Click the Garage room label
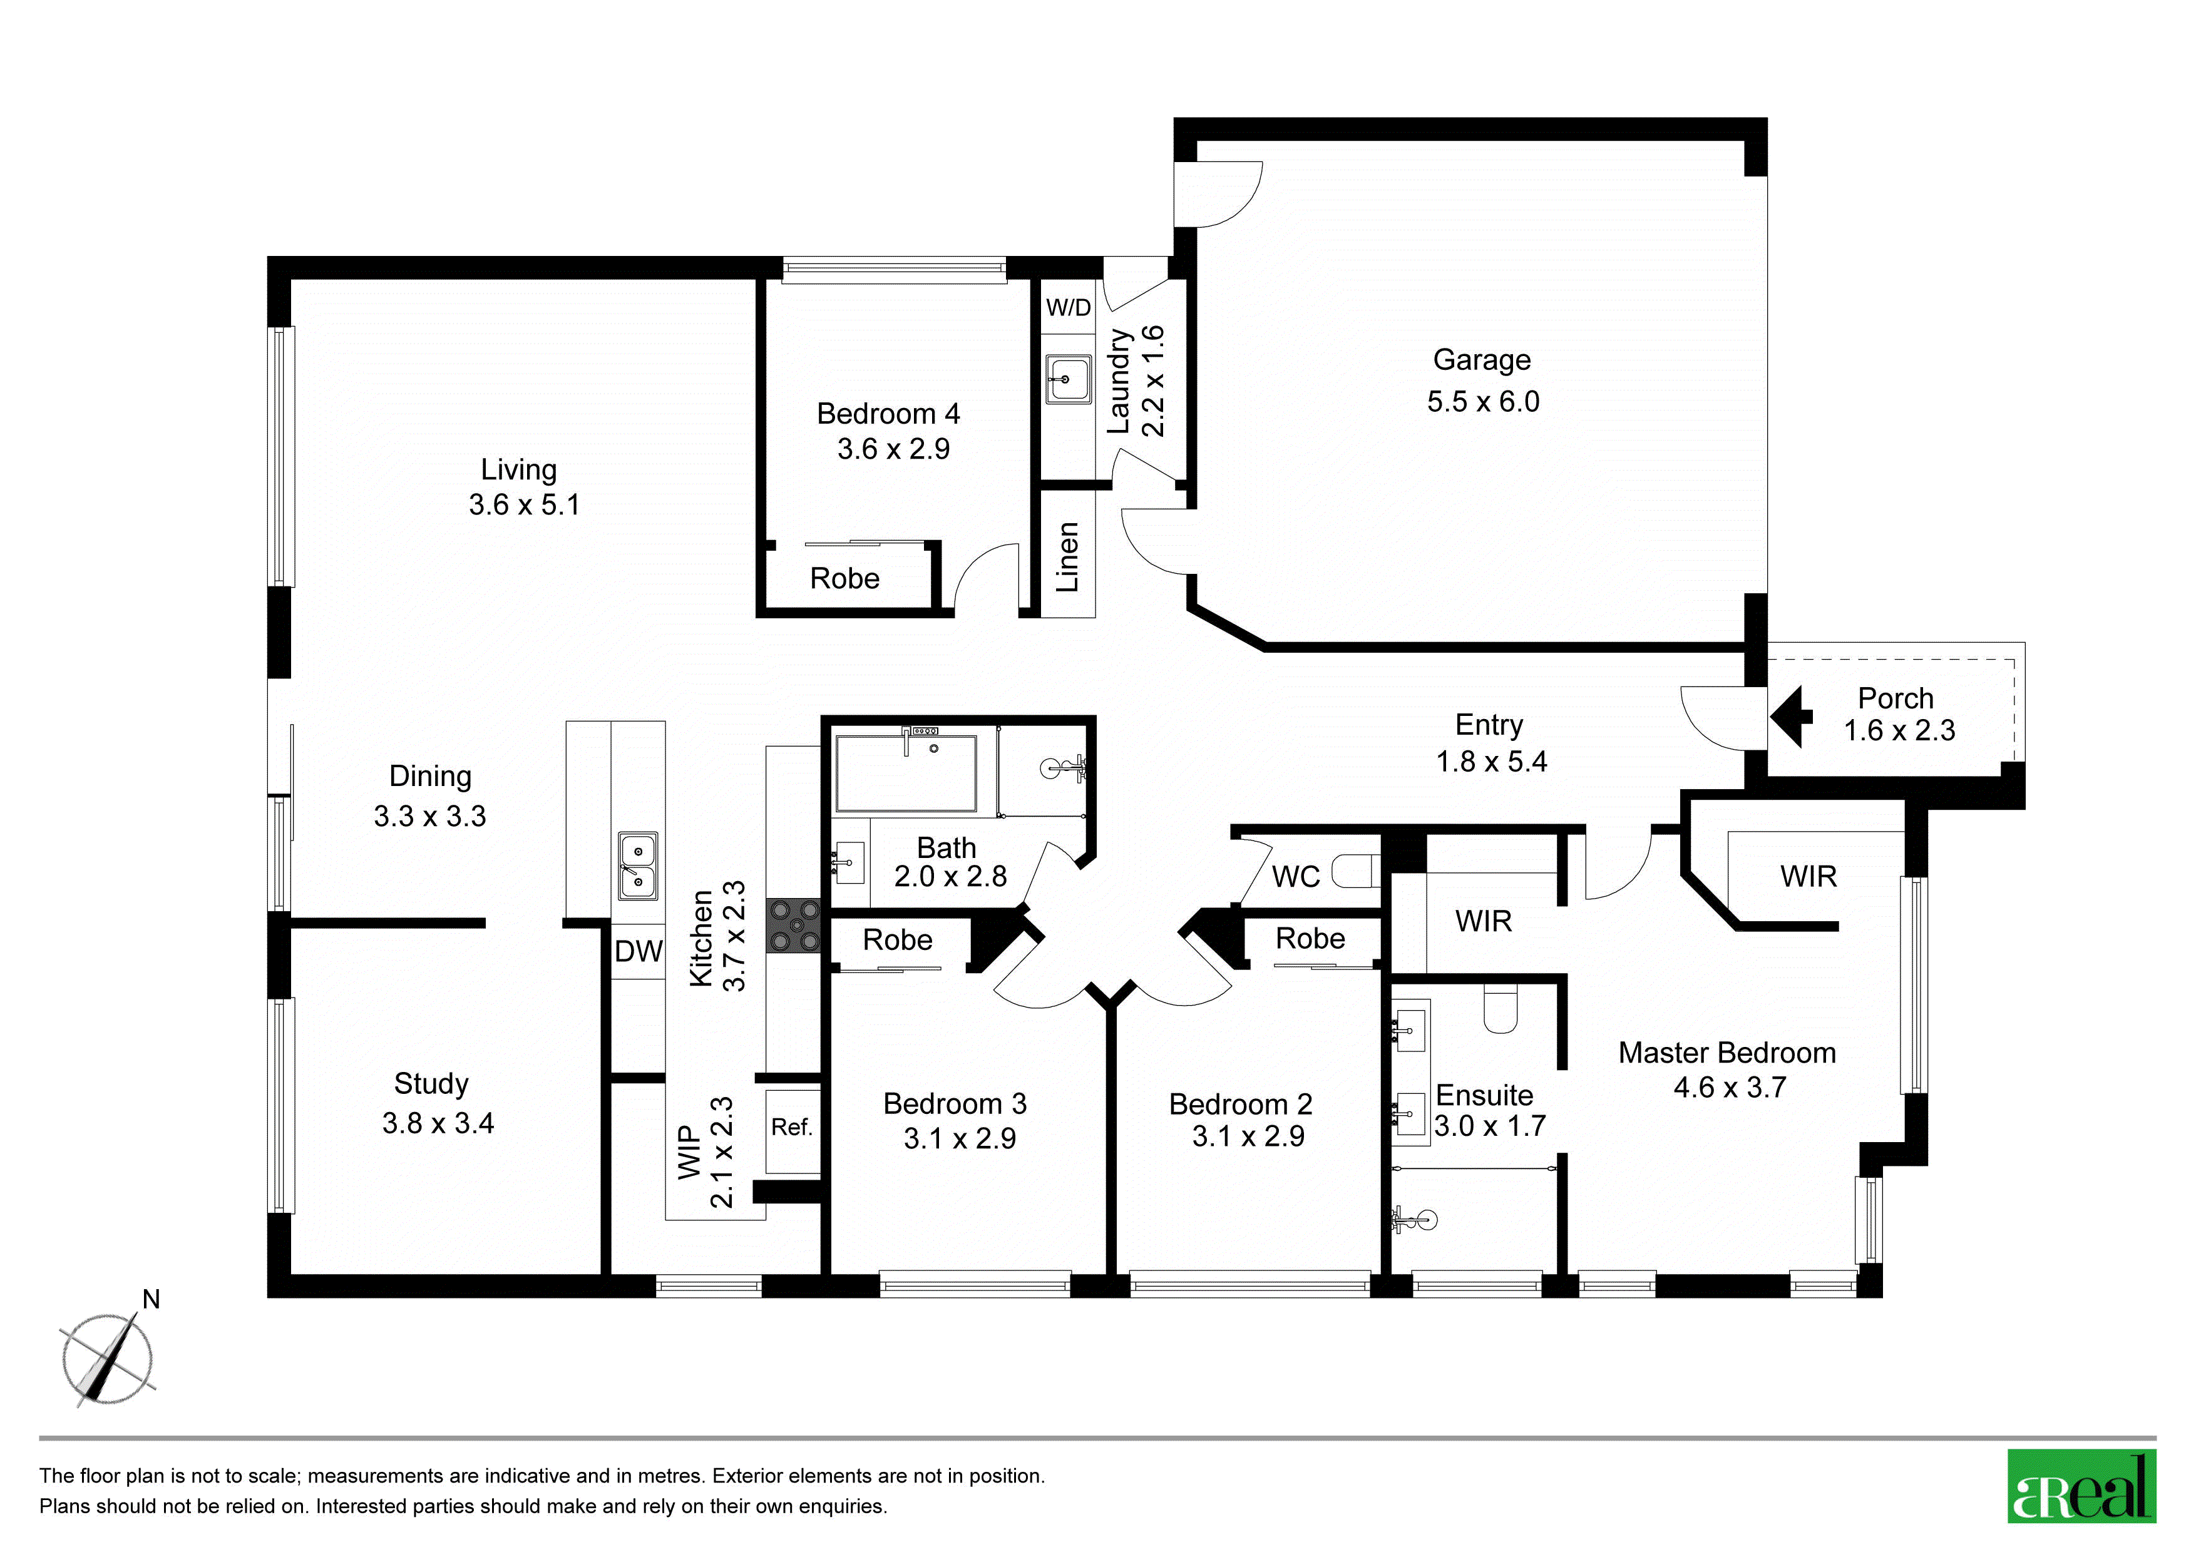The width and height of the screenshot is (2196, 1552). [x=1482, y=360]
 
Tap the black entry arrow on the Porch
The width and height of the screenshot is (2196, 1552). [x=1790, y=715]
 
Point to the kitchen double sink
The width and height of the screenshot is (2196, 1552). [x=638, y=865]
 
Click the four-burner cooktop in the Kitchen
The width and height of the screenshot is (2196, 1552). [x=794, y=926]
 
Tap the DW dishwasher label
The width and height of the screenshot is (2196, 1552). [x=638, y=951]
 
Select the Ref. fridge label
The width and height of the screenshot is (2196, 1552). [x=792, y=1128]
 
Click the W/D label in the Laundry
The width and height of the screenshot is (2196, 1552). [x=1069, y=308]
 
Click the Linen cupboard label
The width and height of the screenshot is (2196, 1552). [x=1067, y=558]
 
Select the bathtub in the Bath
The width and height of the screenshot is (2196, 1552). [x=906, y=773]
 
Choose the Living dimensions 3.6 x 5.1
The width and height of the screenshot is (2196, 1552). [x=524, y=505]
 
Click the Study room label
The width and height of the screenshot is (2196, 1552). [x=431, y=1083]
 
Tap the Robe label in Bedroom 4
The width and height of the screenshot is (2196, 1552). [x=844, y=578]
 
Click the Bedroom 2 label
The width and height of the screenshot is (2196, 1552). [x=1241, y=1105]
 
